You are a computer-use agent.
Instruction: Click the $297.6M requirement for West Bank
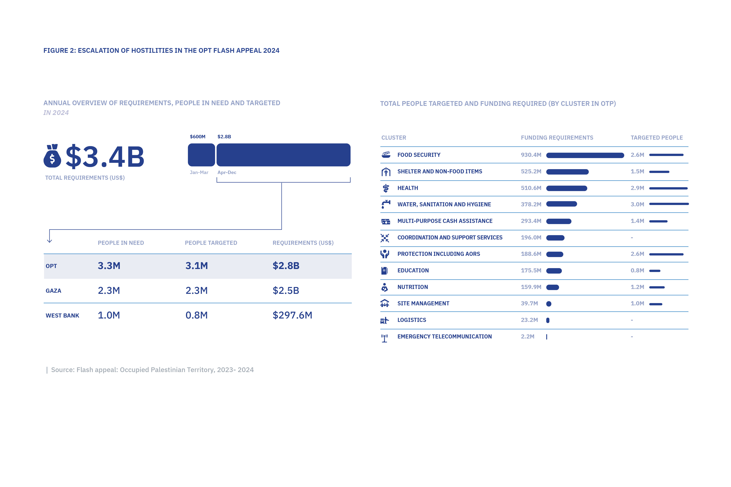292,315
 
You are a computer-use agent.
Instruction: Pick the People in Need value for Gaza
109,290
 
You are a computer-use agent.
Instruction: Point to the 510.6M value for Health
531,188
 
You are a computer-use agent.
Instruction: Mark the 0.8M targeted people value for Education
637,270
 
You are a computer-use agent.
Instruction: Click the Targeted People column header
656,138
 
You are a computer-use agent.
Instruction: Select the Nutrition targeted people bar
657,287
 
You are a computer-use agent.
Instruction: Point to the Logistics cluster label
411,320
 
